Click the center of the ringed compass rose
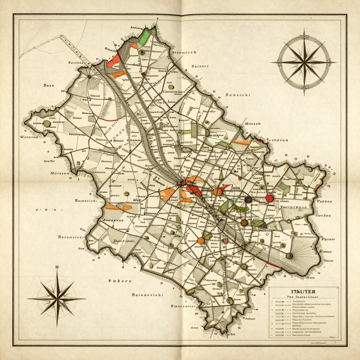[304, 62]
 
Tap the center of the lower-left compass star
[57, 299]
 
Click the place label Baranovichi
[147, 295]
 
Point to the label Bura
[49, 85]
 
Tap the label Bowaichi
[237, 95]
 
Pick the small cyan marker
[234, 200]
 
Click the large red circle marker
[269, 198]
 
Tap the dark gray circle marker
[248, 200]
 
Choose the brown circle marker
[244, 223]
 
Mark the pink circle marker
[226, 241]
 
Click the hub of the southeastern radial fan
[289, 256]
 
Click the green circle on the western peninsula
[46, 123]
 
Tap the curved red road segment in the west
[108, 120]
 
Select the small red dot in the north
[143, 74]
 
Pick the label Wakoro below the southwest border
[120, 281]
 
